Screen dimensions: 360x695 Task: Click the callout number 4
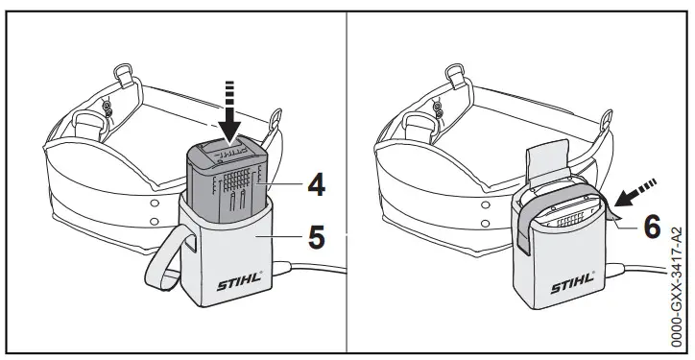point(314,185)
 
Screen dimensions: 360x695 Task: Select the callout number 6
point(652,227)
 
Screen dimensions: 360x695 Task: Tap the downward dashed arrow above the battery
point(228,114)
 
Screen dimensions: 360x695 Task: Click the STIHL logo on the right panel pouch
point(570,286)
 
